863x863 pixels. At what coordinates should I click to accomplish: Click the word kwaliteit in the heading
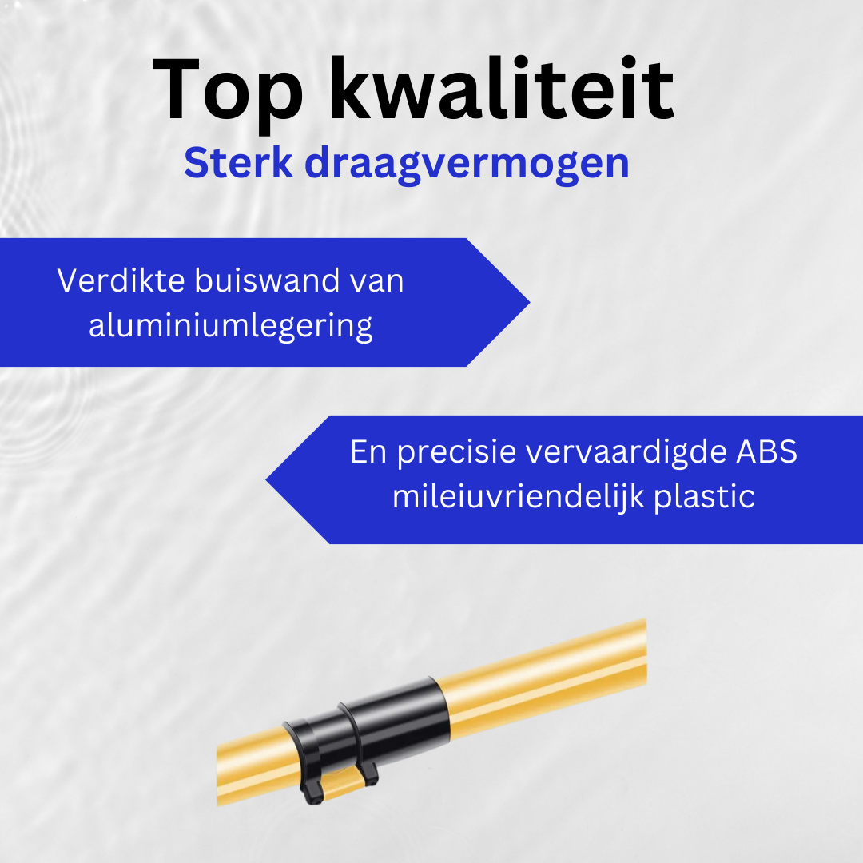pos(501,88)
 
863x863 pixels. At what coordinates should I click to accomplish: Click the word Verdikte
pos(121,280)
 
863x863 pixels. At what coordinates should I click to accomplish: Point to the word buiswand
pos(268,280)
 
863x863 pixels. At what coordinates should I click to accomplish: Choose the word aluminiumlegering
pos(231,327)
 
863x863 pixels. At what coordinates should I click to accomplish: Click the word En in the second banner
pos(368,451)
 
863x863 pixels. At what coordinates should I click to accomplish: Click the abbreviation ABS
pos(766,451)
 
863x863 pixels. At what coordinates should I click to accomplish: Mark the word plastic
pos(705,498)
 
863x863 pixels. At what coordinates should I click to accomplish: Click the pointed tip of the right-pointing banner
pos(530,302)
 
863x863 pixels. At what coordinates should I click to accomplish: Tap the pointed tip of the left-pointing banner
pos(266,480)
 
